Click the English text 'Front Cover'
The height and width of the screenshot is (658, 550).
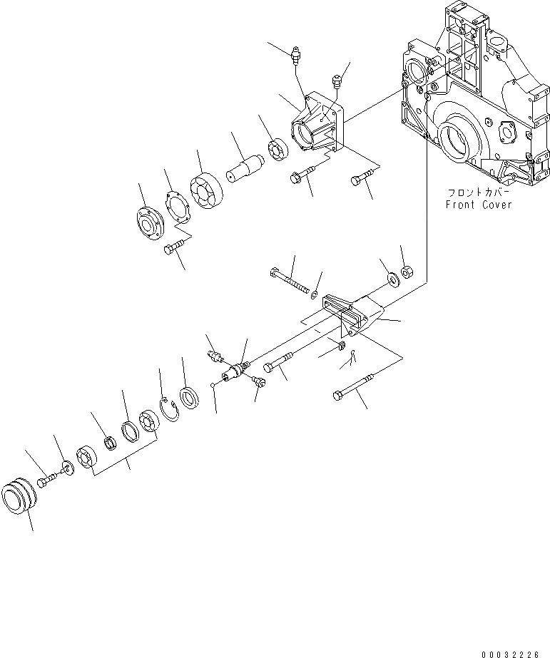pos(478,205)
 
